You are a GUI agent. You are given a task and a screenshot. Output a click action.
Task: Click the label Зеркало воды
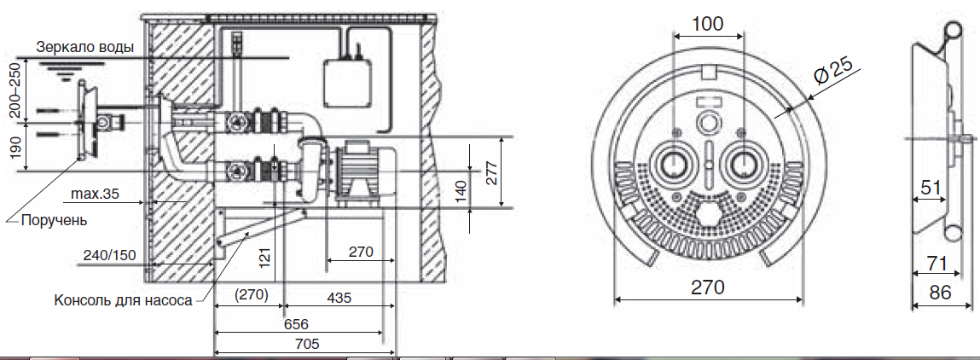tap(85, 48)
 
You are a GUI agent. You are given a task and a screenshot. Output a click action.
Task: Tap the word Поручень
tap(55, 220)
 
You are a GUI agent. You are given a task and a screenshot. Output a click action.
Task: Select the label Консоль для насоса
tap(123, 300)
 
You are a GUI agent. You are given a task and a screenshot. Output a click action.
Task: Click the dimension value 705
tap(306, 343)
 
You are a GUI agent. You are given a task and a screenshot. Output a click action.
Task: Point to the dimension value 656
tap(296, 324)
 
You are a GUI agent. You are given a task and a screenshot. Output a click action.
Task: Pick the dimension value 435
tap(338, 298)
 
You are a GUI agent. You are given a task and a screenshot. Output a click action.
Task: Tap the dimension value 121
tap(265, 256)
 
